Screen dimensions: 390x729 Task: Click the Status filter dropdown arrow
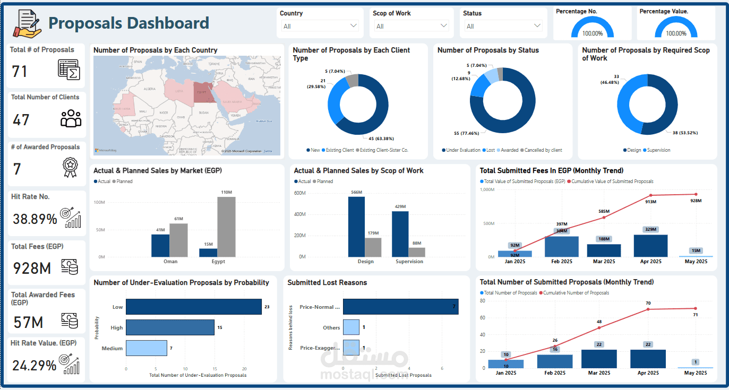click(537, 26)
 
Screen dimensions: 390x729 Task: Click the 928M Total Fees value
click(32, 268)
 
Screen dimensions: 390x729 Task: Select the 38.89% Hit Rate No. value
click(35, 219)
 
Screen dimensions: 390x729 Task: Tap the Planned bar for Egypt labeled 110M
click(226, 227)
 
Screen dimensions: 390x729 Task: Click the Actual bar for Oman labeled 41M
click(160, 245)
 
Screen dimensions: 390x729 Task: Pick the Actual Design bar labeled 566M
click(356, 227)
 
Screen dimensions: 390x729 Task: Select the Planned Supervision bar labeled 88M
click(417, 252)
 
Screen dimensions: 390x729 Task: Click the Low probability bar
click(193, 307)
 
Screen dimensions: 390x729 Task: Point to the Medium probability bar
click(146, 348)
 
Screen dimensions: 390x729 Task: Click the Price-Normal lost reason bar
click(400, 307)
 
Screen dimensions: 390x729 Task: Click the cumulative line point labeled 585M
click(604, 218)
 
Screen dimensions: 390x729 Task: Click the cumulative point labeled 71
click(696, 308)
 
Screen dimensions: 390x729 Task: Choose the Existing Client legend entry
click(340, 150)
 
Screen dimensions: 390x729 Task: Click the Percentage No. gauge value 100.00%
click(592, 33)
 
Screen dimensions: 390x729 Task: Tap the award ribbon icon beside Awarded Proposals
click(70, 167)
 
